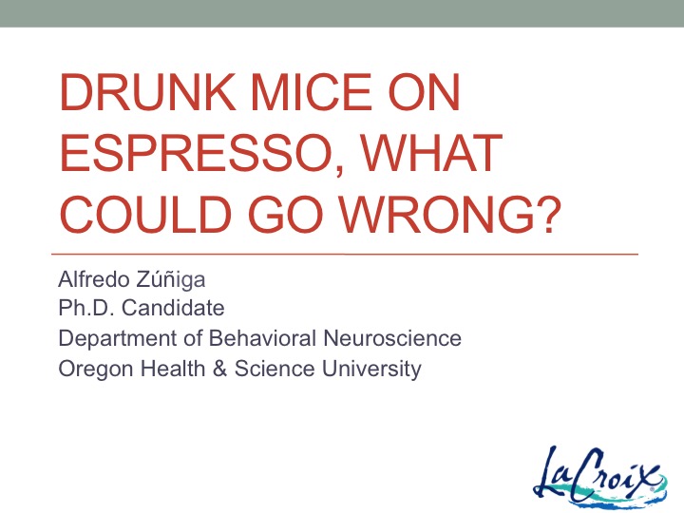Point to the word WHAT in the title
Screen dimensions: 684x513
pos(431,153)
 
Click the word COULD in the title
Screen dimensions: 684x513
pos(145,214)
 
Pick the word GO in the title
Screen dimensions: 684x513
pos(286,214)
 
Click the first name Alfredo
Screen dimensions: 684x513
pos(94,279)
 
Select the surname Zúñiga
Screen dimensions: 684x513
pos(171,279)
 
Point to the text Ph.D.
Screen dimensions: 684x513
pos(86,308)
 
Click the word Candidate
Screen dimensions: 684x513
pos(173,308)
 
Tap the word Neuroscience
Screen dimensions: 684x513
pos(392,338)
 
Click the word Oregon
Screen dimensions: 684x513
pos(96,369)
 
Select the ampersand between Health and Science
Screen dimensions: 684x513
pos(219,369)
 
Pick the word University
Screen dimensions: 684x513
pos(371,369)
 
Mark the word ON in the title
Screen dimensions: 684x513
pos(424,92)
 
